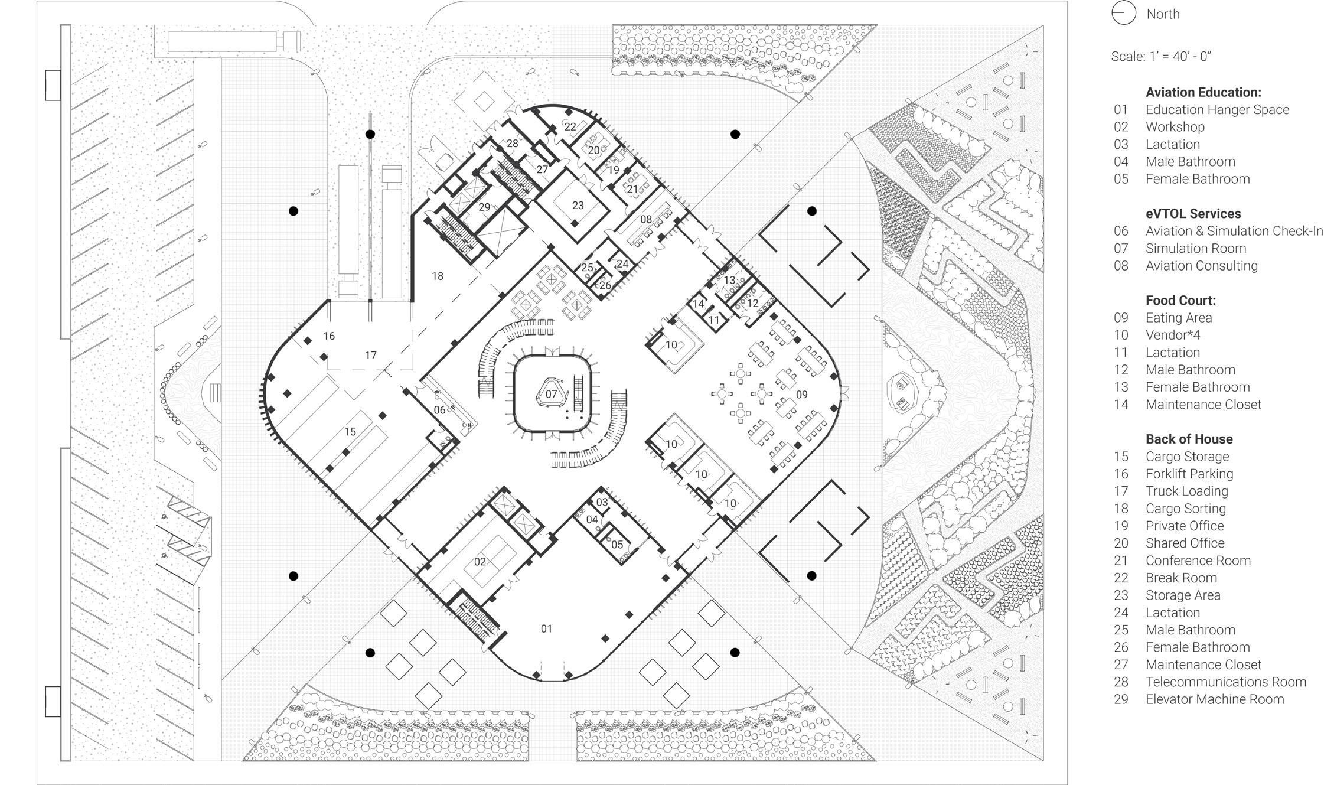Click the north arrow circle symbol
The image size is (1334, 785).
[x=1123, y=14]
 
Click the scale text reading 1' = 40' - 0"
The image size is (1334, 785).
[x=1161, y=57]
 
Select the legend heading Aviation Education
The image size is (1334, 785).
[x=1203, y=92]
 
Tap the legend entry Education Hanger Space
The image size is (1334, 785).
[x=1217, y=109]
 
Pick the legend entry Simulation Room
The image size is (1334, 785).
[x=1195, y=248]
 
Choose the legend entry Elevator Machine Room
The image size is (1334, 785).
[x=1215, y=699]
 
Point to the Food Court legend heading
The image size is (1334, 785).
[x=1180, y=300]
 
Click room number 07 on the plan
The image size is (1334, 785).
[x=551, y=394]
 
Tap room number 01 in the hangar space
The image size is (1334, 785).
[x=546, y=628]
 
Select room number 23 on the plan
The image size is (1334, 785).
[x=578, y=205]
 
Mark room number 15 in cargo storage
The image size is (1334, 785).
[x=350, y=432]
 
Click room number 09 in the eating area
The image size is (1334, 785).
[x=801, y=395]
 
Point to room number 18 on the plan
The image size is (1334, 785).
[x=437, y=276]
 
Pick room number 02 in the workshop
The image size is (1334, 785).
[x=480, y=562]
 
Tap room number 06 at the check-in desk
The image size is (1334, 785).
[x=439, y=410]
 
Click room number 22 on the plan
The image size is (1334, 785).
[x=570, y=126]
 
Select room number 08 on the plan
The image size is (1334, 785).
[x=646, y=219]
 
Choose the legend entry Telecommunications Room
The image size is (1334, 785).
[x=1225, y=682]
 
